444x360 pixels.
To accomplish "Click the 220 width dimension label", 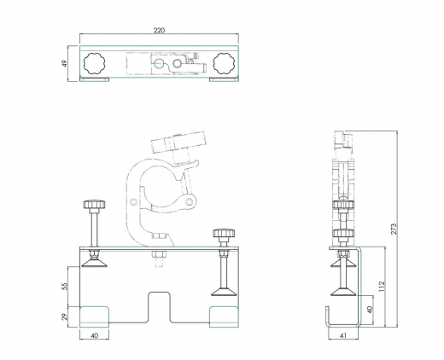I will click(160, 30).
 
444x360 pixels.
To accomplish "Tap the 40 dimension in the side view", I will click(369, 310).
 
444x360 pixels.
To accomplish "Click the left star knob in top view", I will click(94, 63).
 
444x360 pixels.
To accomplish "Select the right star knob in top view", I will click(225, 63).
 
